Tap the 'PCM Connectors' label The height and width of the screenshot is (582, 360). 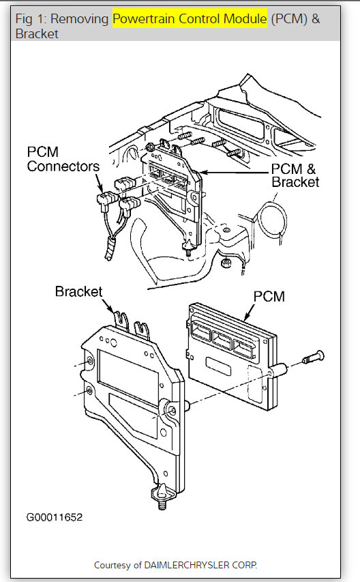(59, 158)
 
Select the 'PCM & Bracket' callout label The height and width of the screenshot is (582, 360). (295, 175)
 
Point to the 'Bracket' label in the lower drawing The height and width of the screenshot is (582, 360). (78, 292)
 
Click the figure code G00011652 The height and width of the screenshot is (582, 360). (55, 517)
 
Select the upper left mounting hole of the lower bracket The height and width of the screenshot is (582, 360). (90, 362)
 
